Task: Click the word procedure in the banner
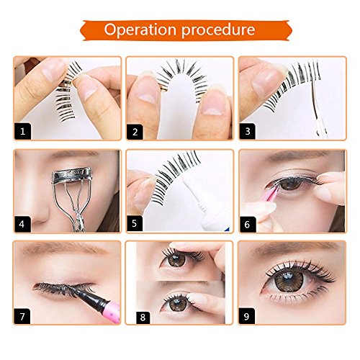click(218, 30)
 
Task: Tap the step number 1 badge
click(22, 131)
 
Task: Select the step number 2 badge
click(135, 132)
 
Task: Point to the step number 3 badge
click(248, 131)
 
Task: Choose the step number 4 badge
click(22, 224)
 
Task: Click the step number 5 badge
click(135, 223)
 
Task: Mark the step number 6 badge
click(248, 224)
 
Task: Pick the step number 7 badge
click(22, 316)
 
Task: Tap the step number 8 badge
click(143, 318)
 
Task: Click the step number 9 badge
click(247, 316)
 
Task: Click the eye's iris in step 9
click(289, 280)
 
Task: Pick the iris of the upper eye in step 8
click(176, 259)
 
